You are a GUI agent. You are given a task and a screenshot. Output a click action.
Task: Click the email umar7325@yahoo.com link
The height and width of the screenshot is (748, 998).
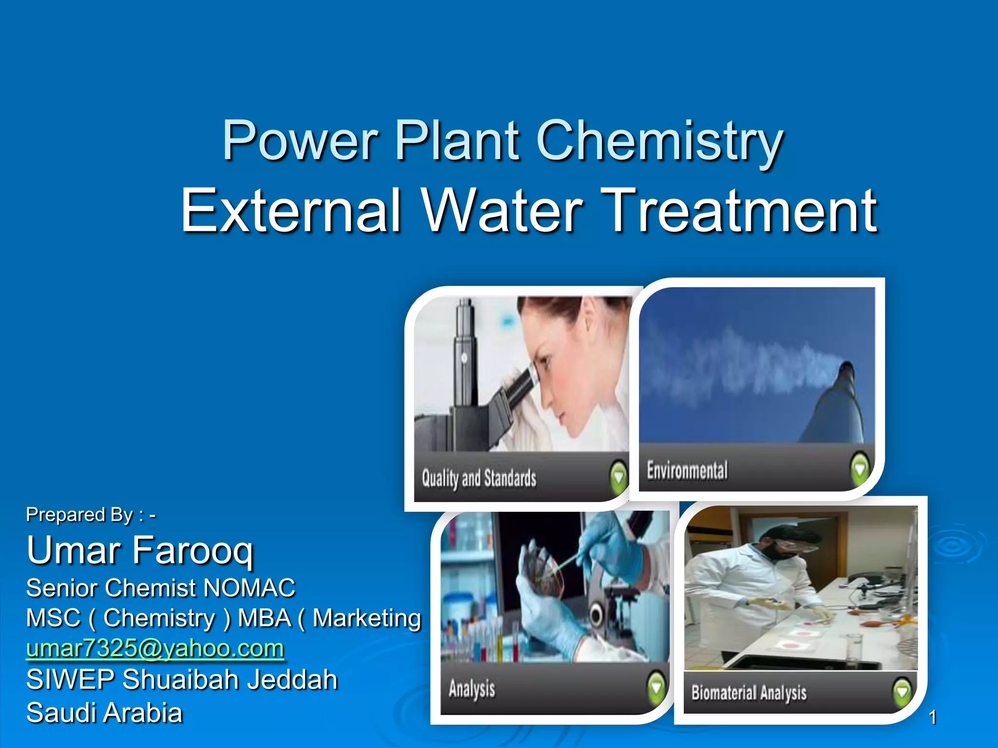[155, 649]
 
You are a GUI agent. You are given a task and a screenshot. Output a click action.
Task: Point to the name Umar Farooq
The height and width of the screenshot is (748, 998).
[140, 550]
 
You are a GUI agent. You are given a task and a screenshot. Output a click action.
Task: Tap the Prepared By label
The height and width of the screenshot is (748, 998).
[90, 515]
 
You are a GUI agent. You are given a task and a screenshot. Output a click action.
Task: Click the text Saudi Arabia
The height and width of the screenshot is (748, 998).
[104, 713]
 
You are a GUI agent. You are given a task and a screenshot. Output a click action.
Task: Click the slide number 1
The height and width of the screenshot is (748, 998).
[932, 717]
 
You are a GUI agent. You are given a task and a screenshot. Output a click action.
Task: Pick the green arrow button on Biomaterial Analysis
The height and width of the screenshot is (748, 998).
[902, 692]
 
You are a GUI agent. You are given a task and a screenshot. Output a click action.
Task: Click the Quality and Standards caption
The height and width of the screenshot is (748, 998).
[479, 478]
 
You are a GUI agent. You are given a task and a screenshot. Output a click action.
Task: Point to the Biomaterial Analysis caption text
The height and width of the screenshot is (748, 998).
[748, 692]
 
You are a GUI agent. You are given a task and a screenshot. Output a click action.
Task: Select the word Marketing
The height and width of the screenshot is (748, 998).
[366, 618]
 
